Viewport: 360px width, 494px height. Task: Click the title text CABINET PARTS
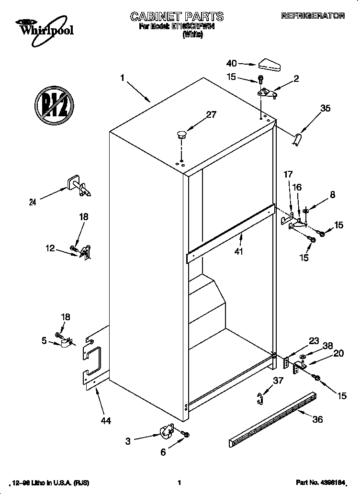point(177,17)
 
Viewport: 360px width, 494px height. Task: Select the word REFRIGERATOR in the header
point(319,16)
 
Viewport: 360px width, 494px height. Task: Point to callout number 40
point(231,63)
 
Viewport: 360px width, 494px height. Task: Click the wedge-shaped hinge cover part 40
point(270,65)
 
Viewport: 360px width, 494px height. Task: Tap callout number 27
point(211,114)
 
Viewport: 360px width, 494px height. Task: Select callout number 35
point(325,109)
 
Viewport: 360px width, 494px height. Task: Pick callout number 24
point(33,202)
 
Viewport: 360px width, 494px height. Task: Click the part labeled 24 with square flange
point(78,186)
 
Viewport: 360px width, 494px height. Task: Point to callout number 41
point(238,251)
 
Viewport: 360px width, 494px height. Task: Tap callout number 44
point(106,421)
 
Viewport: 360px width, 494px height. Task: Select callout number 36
point(317,420)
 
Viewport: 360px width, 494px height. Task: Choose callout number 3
point(128,441)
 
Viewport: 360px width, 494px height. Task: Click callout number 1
point(123,77)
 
